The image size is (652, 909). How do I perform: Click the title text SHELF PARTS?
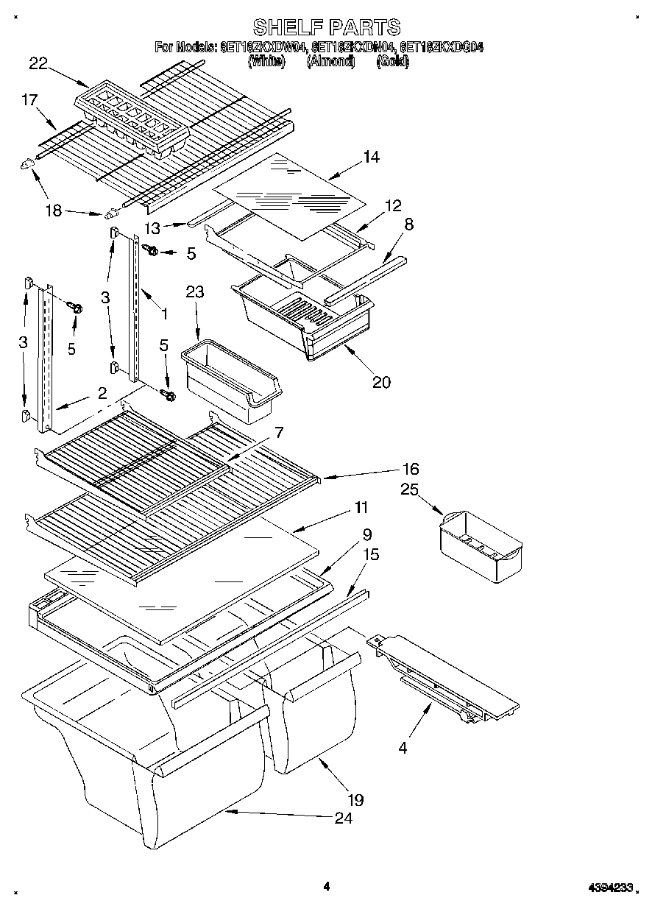pos(326,27)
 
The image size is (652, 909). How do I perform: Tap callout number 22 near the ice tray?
pos(38,64)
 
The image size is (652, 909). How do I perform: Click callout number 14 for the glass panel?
pos(372,156)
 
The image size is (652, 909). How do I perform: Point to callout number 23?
pos(194,292)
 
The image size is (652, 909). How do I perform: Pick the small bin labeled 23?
pos(230,381)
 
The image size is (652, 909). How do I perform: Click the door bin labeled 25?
pos(481,546)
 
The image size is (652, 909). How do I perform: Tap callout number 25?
pos(408,489)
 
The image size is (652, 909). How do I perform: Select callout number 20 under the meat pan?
pos(381,381)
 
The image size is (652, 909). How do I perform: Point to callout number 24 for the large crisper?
pos(343,818)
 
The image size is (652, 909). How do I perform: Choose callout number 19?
pos(355,799)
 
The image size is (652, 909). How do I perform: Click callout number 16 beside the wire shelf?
pos(410,469)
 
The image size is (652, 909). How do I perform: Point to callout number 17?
pos(29,100)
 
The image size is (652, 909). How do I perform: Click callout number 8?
pos(408,224)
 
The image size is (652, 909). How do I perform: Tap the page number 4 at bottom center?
pos(326,886)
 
